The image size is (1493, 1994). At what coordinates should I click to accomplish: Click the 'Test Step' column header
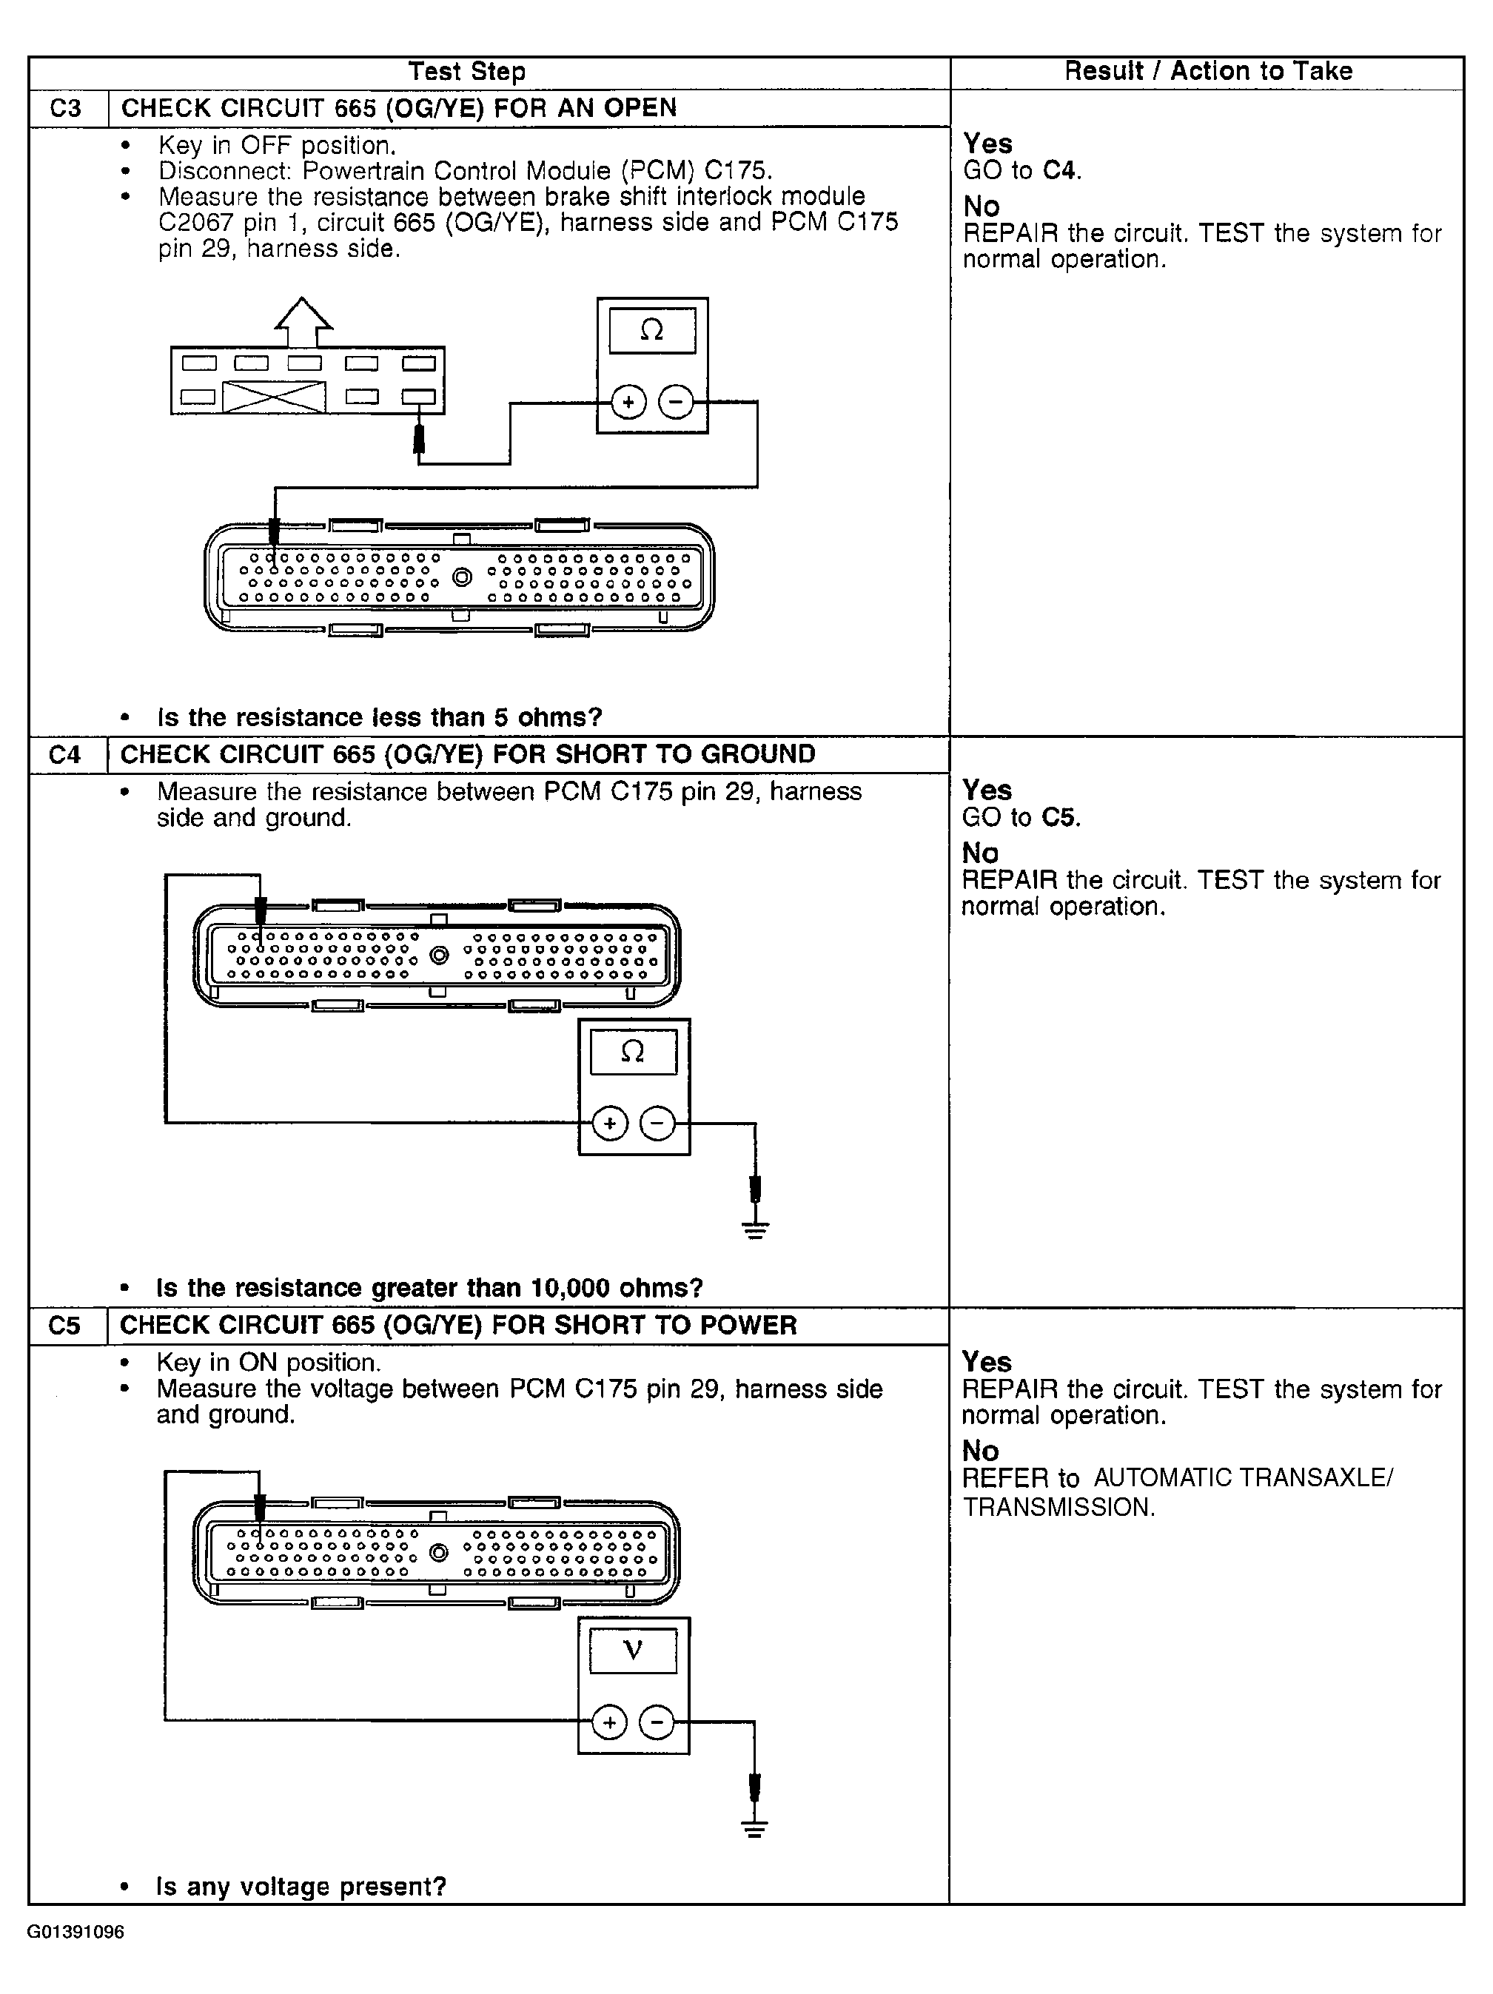pos(466,71)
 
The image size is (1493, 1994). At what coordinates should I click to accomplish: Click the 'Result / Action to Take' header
pos(1207,71)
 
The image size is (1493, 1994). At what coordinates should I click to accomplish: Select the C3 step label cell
pos(66,108)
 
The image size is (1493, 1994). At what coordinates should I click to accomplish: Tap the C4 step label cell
pos(65,754)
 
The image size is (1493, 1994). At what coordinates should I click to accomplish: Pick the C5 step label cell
pos(65,1325)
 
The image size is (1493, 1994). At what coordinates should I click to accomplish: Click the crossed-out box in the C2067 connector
pos(274,397)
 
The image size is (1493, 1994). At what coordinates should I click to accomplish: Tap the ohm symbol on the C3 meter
pos(652,331)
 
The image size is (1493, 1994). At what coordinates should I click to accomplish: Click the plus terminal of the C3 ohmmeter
pos(629,402)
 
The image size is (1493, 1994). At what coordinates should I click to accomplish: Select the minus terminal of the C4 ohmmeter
pos(657,1124)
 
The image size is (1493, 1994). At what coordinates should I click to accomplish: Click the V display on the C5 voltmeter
pos(633,1650)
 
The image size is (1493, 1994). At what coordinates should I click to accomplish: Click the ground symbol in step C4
pos(756,1229)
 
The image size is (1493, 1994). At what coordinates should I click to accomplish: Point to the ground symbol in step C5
pos(754,1830)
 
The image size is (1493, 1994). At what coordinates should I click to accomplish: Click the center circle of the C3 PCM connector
pos(462,577)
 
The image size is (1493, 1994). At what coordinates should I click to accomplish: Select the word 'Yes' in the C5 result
pos(986,1361)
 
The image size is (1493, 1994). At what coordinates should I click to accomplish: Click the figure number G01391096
pos(76,1932)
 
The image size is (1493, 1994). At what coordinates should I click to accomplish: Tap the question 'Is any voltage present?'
pos(301,1886)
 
